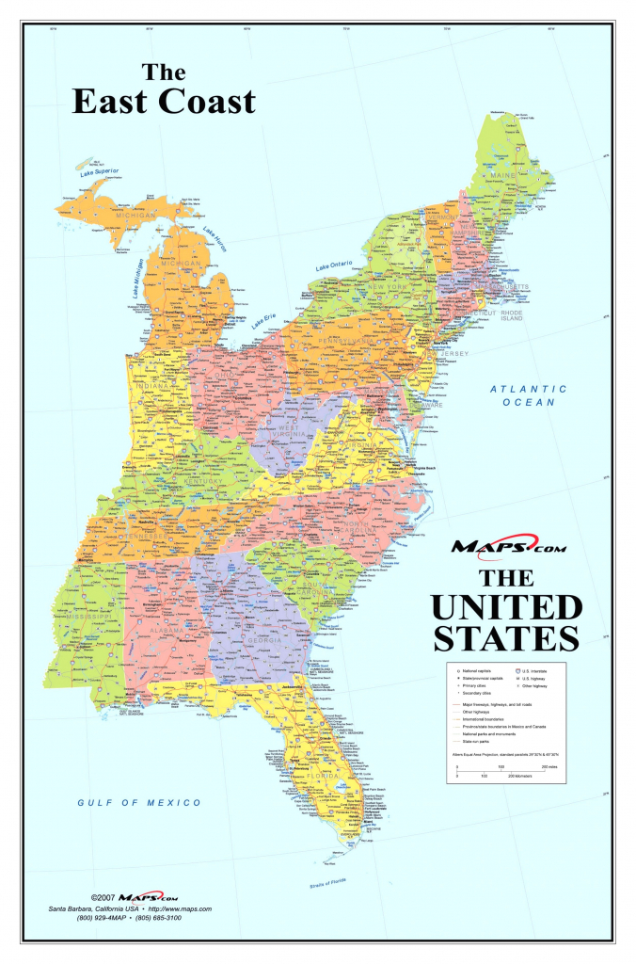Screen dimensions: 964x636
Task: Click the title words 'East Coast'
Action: pyautogui.click(x=164, y=101)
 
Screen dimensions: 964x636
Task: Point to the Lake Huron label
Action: pyautogui.click(x=215, y=238)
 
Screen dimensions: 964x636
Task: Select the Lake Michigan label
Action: pyautogui.click(x=140, y=279)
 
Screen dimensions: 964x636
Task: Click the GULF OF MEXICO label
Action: pyautogui.click(x=139, y=802)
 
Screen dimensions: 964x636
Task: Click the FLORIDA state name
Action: pyautogui.click(x=343, y=776)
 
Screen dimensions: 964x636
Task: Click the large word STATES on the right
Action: pyautogui.click(x=507, y=637)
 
